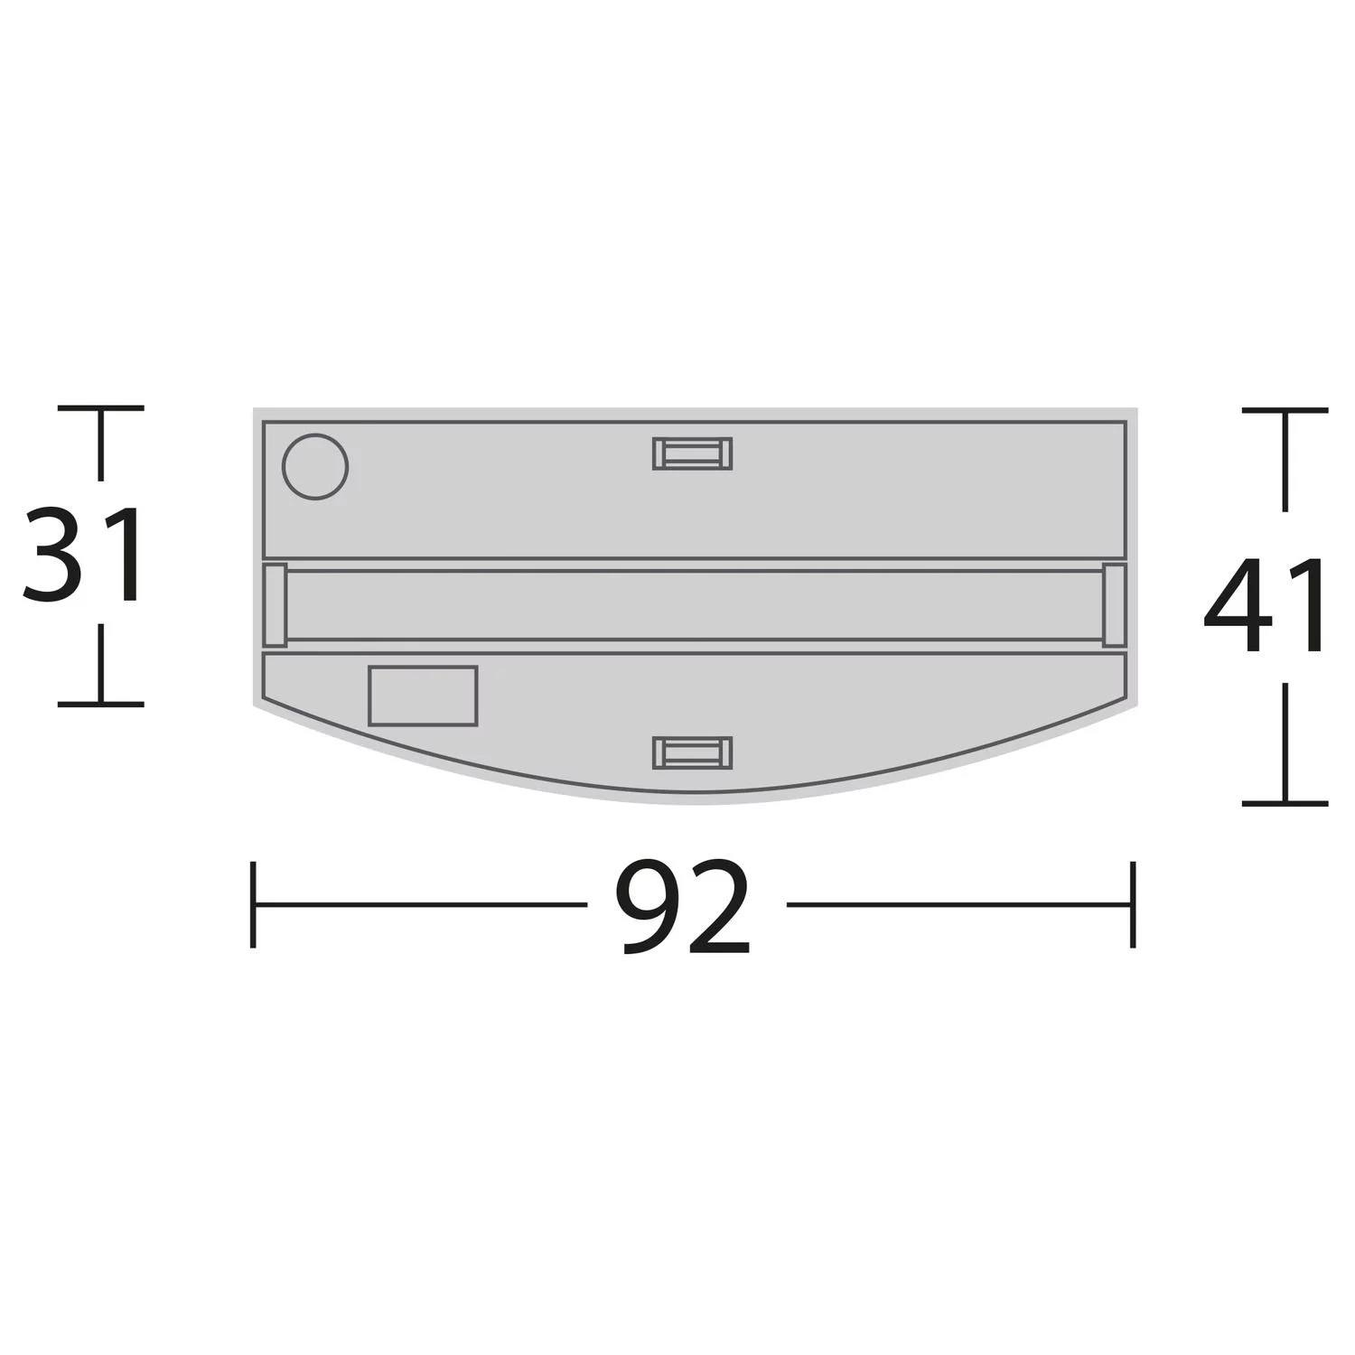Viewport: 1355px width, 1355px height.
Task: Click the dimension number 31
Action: click(x=83, y=555)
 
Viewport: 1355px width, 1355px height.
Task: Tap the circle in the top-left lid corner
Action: click(x=315, y=466)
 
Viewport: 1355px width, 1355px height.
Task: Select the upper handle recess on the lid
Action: click(x=692, y=453)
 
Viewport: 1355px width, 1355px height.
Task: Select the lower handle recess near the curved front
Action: click(x=692, y=752)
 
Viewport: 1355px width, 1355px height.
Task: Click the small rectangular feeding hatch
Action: click(x=423, y=696)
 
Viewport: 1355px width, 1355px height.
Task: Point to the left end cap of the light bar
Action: click(x=276, y=605)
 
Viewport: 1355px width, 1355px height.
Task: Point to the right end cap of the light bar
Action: click(x=1114, y=605)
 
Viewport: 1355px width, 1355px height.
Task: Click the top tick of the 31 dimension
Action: click(x=100, y=408)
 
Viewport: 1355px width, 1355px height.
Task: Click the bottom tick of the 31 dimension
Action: click(x=100, y=703)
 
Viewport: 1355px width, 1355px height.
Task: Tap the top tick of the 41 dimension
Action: click(x=1285, y=410)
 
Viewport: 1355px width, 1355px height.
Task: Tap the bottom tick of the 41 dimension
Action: click(x=1285, y=802)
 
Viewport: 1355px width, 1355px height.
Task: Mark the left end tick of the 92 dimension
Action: click(x=253, y=904)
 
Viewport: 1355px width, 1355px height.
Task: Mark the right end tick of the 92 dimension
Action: click(x=1132, y=904)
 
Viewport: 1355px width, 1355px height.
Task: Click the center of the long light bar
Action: click(x=694, y=605)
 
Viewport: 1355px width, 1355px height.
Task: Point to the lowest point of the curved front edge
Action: click(x=694, y=801)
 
